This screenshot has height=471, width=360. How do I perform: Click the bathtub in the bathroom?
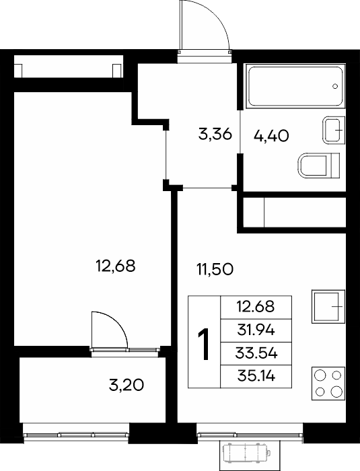[295, 85]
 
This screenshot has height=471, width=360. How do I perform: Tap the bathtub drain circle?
[335, 86]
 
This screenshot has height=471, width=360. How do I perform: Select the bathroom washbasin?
[334, 130]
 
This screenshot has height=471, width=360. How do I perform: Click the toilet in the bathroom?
[318, 165]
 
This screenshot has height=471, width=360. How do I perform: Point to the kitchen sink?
[328, 306]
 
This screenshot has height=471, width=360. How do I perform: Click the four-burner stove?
[328, 384]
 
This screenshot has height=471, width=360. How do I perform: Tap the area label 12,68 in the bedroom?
[115, 266]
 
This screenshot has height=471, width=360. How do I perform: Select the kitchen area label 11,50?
[215, 269]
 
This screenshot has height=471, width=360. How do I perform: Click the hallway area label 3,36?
[215, 134]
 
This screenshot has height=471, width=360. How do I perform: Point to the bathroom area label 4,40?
[271, 136]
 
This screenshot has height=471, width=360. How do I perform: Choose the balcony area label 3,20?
[127, 385]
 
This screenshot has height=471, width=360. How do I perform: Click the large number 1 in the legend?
[204, 344]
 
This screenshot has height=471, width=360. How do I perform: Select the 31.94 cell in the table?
[256, 330]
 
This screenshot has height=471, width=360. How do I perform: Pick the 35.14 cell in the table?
[256, 376]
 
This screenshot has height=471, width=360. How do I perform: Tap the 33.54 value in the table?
[256, 353]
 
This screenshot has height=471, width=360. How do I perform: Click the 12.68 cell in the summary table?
[256, 307]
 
